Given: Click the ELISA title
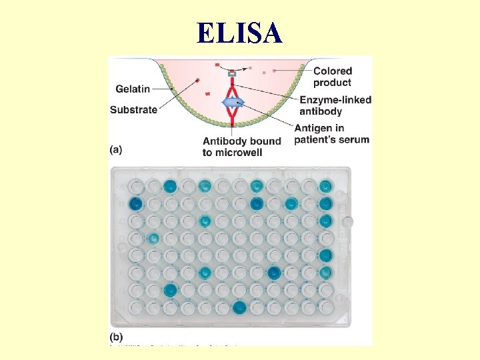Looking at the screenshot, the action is tap(239, 33).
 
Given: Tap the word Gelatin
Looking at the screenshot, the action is tap(132, 89).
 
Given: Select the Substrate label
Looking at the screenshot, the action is tap(133, 110).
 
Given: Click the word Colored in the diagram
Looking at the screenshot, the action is tap(332, 71).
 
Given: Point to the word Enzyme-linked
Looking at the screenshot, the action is tap(335, 100).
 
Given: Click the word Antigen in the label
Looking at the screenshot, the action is tap(312, 128).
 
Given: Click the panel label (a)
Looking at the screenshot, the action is tap(116, 150).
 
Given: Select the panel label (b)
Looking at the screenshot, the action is tap(116, 337).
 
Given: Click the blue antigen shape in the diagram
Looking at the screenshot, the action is tap(232, 103).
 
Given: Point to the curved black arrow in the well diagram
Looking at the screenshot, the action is tap(237, 68).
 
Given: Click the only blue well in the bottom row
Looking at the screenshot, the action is tap(239, 307).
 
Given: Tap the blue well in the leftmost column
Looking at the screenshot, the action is tap(136, 203).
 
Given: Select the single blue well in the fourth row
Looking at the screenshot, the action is tap(153, 237).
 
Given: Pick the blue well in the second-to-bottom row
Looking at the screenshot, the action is tap(171, 289).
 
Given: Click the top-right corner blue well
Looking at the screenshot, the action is tap(326, 186).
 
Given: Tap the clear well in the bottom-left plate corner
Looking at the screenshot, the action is tap(136, 307).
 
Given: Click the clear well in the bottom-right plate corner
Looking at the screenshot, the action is tap(326, 307).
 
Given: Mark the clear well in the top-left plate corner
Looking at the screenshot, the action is tap(136, 186).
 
